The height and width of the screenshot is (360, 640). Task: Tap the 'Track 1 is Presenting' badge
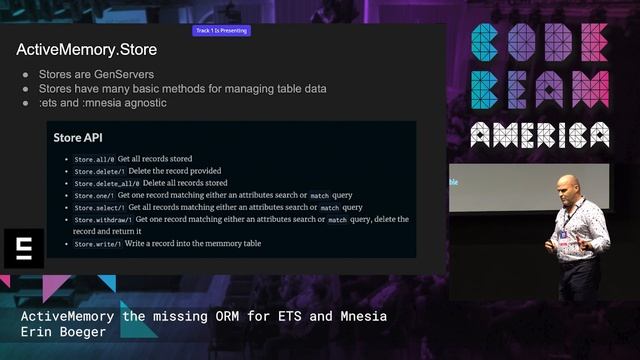[x=221, y=31]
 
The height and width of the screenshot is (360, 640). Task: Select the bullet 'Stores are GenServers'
[x=86, y=75]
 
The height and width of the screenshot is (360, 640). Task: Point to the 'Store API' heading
[x=78, y=138]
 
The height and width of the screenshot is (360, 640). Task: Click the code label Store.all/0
[x=93, y=159]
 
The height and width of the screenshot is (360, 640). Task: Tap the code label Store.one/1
[x=93, y=195]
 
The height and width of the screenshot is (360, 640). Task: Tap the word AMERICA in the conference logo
[x=540, y=134]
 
